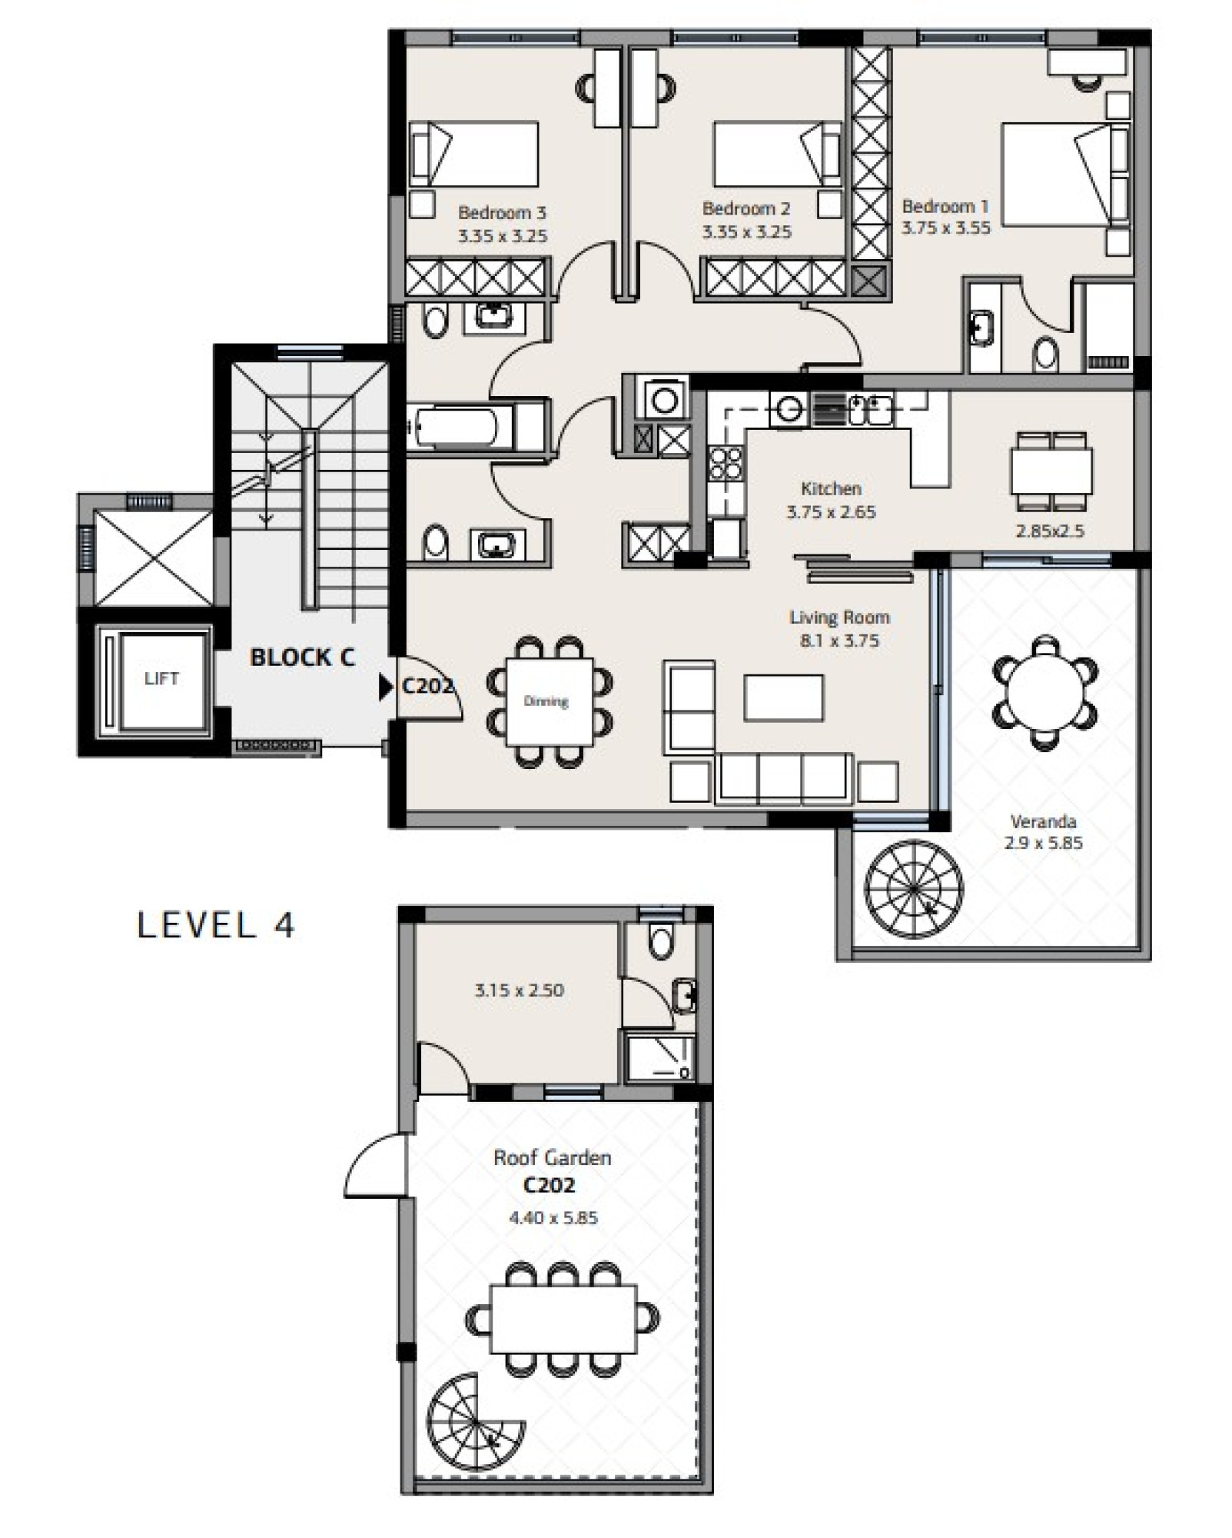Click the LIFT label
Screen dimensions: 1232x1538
pos(161,678)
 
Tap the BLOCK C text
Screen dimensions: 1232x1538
pos(303,657)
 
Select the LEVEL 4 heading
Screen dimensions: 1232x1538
pos(216,925)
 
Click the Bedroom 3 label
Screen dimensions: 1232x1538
pos(502,212)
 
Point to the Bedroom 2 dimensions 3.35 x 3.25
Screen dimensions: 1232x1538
pos(746,231)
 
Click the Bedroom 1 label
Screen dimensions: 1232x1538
pos(945,206)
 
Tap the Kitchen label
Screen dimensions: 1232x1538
pos(831,488)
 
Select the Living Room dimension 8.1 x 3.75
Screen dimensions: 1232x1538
pos(839,641)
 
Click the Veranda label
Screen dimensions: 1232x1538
pos(1043,821)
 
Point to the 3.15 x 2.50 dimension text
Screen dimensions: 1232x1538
pos(520,990)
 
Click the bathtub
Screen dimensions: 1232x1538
pos(459,427)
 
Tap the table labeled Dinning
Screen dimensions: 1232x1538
pos(549,701)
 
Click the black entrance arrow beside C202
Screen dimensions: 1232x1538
pos(386,687)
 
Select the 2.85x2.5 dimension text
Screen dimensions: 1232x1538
pos(1050,531)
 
